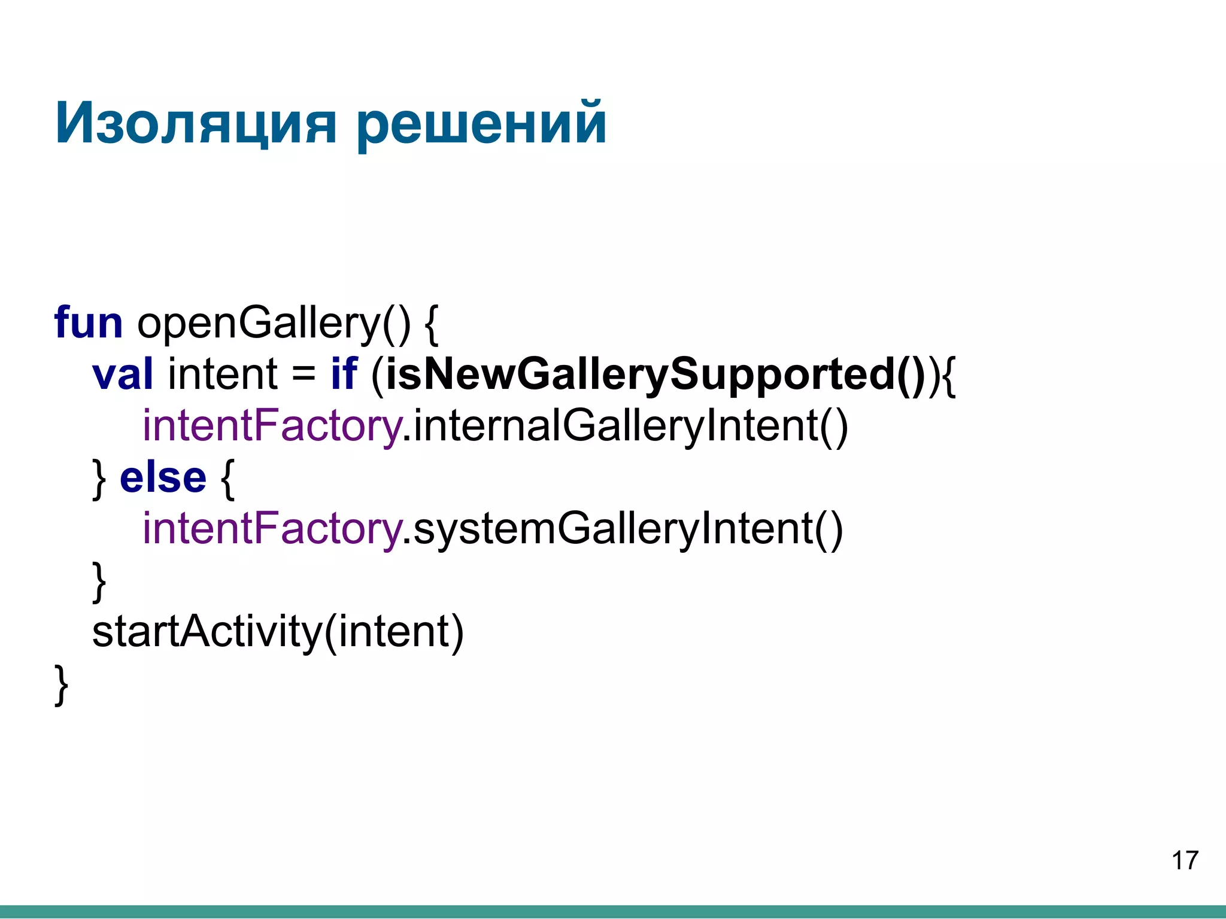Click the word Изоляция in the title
(195, 124)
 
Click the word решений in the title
(481, 124)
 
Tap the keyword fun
(89, 322)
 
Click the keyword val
(123, 374)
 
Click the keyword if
(344, 374)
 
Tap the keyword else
(163, 477)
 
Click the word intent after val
(223, 374)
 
